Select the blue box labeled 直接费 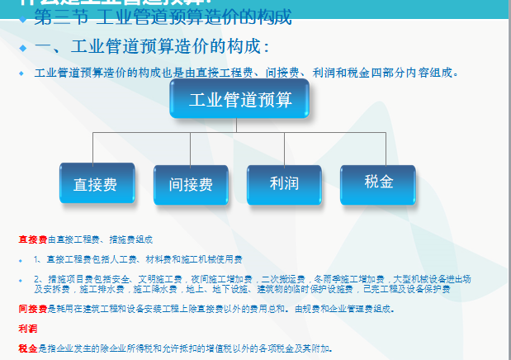[95, 184]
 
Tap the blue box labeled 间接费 [191, 184]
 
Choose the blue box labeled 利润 [284, 182]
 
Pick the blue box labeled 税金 [379, 182]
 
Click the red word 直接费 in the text [32, 239]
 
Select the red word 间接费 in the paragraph [32, 310]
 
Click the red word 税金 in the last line [27, 348]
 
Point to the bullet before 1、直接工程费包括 [21, 260]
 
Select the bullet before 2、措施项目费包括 [21, 280]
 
